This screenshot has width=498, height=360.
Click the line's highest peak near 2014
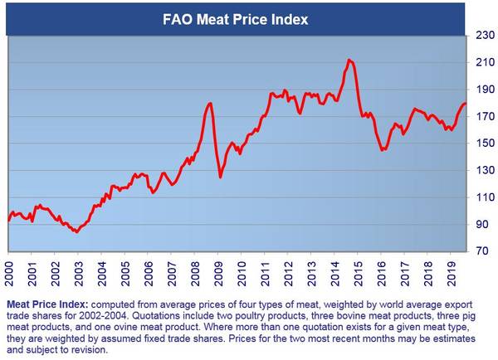pyautogui.click(x=349, y=60)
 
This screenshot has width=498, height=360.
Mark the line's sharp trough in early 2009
pyautogui.click(x=220, y=177)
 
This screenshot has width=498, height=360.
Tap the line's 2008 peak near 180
pyautogui.click(x=211, y=103)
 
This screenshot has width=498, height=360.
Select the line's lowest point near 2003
pyautogui.click(x=76, y=232)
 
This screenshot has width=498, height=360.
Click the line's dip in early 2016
pyautogui.click(x=382, y=150)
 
